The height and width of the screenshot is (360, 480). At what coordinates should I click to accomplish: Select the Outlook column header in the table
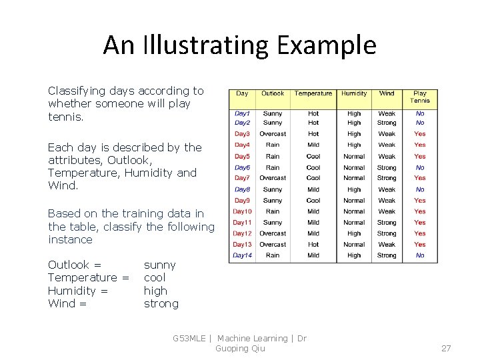tap(273, 93)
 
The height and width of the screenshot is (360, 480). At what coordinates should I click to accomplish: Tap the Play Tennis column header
tap(420, 97)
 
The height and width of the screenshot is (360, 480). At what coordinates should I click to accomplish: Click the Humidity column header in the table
tap(354, 93)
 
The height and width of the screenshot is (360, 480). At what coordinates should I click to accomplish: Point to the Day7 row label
tap(242, 178)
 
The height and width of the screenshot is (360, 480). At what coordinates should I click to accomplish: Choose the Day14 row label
tap(242, 255)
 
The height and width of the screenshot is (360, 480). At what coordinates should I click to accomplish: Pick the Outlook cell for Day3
tap(273, 134)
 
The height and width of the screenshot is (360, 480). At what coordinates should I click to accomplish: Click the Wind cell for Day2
tap(387, 123)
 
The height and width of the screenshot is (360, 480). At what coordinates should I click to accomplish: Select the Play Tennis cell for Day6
tap(420, 167)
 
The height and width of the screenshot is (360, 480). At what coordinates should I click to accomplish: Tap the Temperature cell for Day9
tap(313, 200)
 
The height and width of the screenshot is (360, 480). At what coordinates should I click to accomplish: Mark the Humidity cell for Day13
tap(354, 245)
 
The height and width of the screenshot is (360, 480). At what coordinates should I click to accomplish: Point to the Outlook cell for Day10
tap(273, 211)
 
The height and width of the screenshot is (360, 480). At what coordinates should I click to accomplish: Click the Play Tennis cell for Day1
tap(420, 113)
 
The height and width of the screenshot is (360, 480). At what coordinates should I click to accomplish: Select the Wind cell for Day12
tap(387, 233)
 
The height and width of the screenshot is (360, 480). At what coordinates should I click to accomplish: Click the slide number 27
tap(446, 348)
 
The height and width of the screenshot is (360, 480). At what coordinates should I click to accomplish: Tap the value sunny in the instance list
tap(160, 265)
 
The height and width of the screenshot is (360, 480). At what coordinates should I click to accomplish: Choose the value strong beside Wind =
tap(161, 303)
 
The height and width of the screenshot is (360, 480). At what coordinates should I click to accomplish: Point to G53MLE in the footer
tap(189, 339)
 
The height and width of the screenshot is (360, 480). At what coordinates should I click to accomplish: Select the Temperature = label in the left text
tap(88, 277)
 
